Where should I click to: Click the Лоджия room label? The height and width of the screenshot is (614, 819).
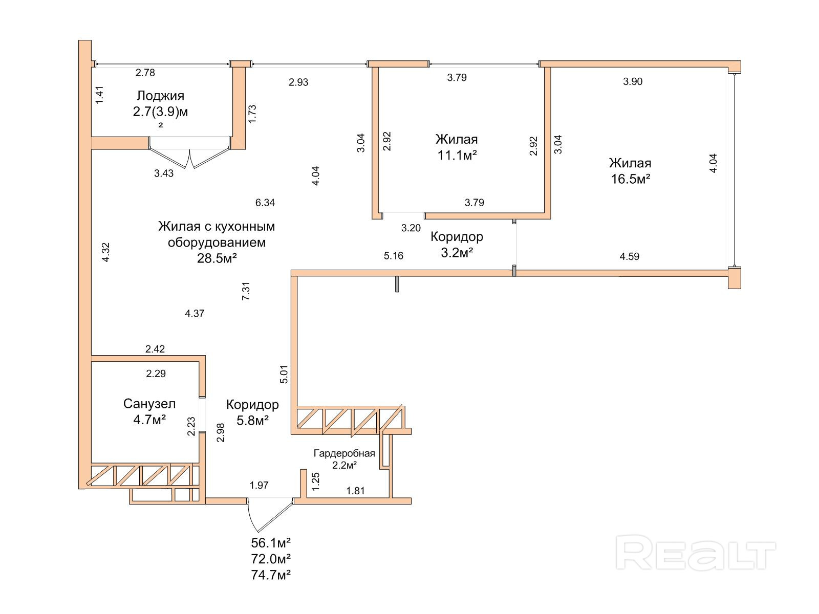click(160, 96)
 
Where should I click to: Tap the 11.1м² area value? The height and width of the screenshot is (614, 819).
click(457, 155)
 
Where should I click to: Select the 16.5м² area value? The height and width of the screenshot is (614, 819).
click(631, 179)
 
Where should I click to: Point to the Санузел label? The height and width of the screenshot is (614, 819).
click(149, 403)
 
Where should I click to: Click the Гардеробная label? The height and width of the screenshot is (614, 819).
click(344, 453)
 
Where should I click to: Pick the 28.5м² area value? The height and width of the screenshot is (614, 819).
click(217, 258)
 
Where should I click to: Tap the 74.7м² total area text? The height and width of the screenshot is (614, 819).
click(271, 575)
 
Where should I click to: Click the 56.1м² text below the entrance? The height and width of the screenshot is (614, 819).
click(271, 543)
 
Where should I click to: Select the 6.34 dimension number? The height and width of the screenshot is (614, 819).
click(265, 203)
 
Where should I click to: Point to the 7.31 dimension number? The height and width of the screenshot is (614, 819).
click(246, 291)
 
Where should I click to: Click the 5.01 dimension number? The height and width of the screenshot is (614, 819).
click(284, 375)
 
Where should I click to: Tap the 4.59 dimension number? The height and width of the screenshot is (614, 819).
click(630, 256)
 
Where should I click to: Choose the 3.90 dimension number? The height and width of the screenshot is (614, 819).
click(633, 81)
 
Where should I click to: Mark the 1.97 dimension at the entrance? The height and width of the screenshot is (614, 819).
click(259, 485)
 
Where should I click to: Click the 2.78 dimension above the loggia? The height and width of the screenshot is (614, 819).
click(145, 73)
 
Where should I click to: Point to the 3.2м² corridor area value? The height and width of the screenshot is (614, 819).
click(457, 253)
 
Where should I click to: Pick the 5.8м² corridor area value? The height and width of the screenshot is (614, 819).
click(252, 421)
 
